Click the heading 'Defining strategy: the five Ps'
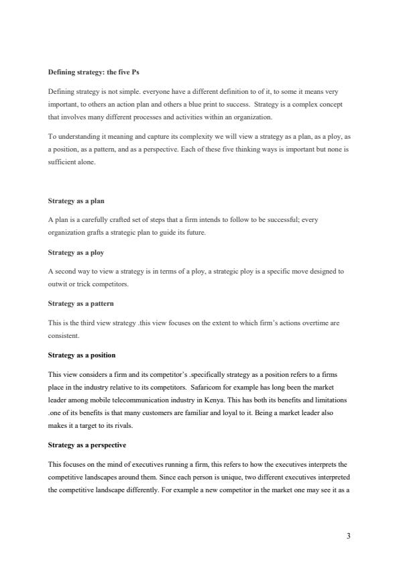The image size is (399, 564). click(93, 72)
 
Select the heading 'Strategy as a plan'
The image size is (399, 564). click(76, 201)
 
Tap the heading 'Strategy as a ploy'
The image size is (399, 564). click(76, 253)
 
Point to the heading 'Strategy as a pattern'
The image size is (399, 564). click(80, 304)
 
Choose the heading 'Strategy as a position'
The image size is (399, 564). click(82, 355)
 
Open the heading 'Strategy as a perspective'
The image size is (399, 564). click(87, 445)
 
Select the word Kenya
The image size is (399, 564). click(214, 399)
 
